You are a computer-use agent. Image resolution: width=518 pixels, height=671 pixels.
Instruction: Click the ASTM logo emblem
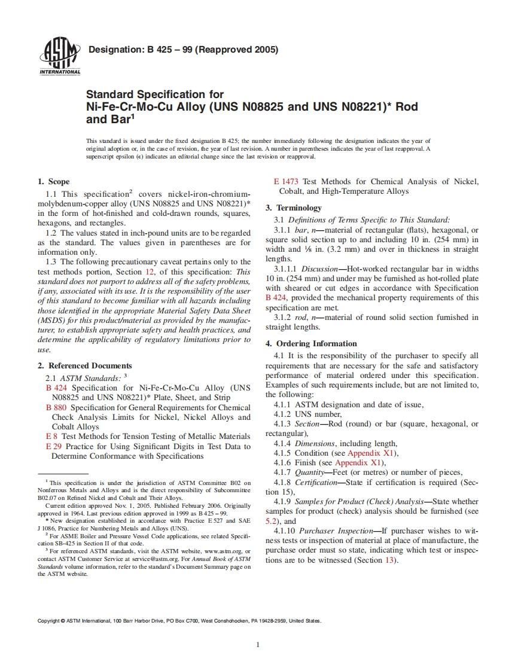(x=59, y=52)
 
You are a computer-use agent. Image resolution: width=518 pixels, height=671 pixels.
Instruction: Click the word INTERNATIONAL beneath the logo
(x=60, y=72)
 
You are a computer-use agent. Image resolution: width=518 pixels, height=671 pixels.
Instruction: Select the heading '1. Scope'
(x=53, y=181)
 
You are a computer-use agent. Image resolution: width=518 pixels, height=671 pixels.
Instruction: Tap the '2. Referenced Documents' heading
(x=84, y=365)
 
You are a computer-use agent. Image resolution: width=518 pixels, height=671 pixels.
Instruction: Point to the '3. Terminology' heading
(x=294, y=208)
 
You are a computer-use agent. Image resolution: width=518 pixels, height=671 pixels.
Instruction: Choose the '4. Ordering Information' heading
(x=311, y=343)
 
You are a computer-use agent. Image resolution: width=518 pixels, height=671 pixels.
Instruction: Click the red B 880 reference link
(x=56, y=407)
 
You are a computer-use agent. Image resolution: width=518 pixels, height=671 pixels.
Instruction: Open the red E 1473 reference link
(x=287, y=181)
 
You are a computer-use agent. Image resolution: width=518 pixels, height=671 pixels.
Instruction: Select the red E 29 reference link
(x=54, y=446)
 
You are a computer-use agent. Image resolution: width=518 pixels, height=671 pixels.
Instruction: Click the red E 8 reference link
(x=51, y=437)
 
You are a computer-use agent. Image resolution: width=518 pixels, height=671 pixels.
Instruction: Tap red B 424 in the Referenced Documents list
(x=56, y=388)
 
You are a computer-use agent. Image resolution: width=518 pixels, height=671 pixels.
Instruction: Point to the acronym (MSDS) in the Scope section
(x=52, y=320)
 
